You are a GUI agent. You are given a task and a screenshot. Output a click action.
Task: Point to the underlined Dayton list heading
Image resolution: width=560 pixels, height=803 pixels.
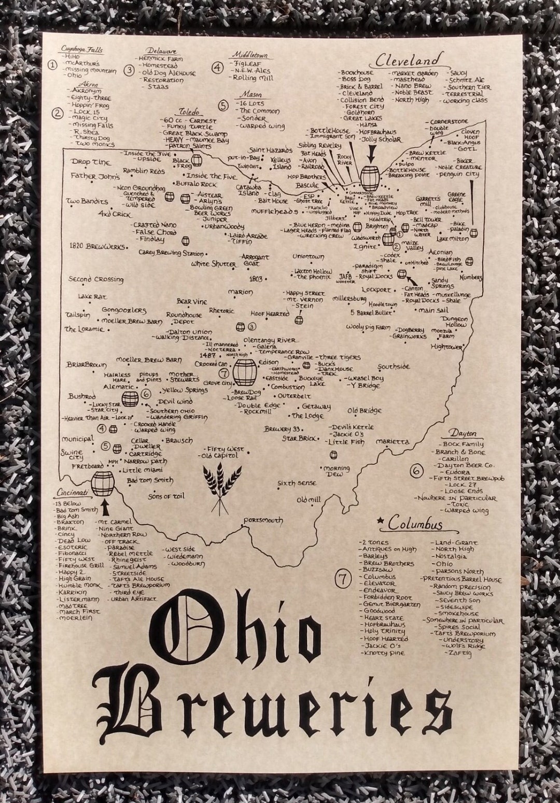point(464,433)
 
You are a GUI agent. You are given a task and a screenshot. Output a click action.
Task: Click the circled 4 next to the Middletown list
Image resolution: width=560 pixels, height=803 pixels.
point(218,67)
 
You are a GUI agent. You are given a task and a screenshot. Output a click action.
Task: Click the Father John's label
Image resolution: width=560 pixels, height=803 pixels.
point(95,176)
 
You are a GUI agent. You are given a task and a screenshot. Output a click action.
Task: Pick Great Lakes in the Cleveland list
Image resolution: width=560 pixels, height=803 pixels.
point(363,118)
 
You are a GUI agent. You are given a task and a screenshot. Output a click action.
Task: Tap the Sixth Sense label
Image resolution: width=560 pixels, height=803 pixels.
point(296,483)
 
